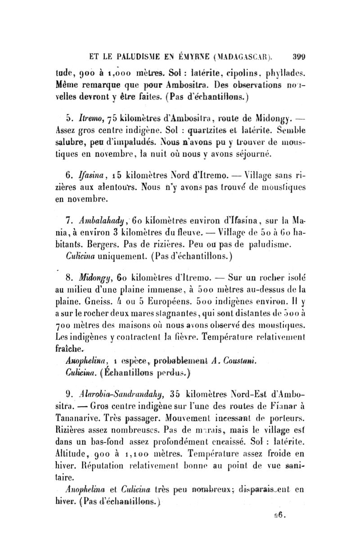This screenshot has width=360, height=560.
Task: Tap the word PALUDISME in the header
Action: (x=137, y=57)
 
